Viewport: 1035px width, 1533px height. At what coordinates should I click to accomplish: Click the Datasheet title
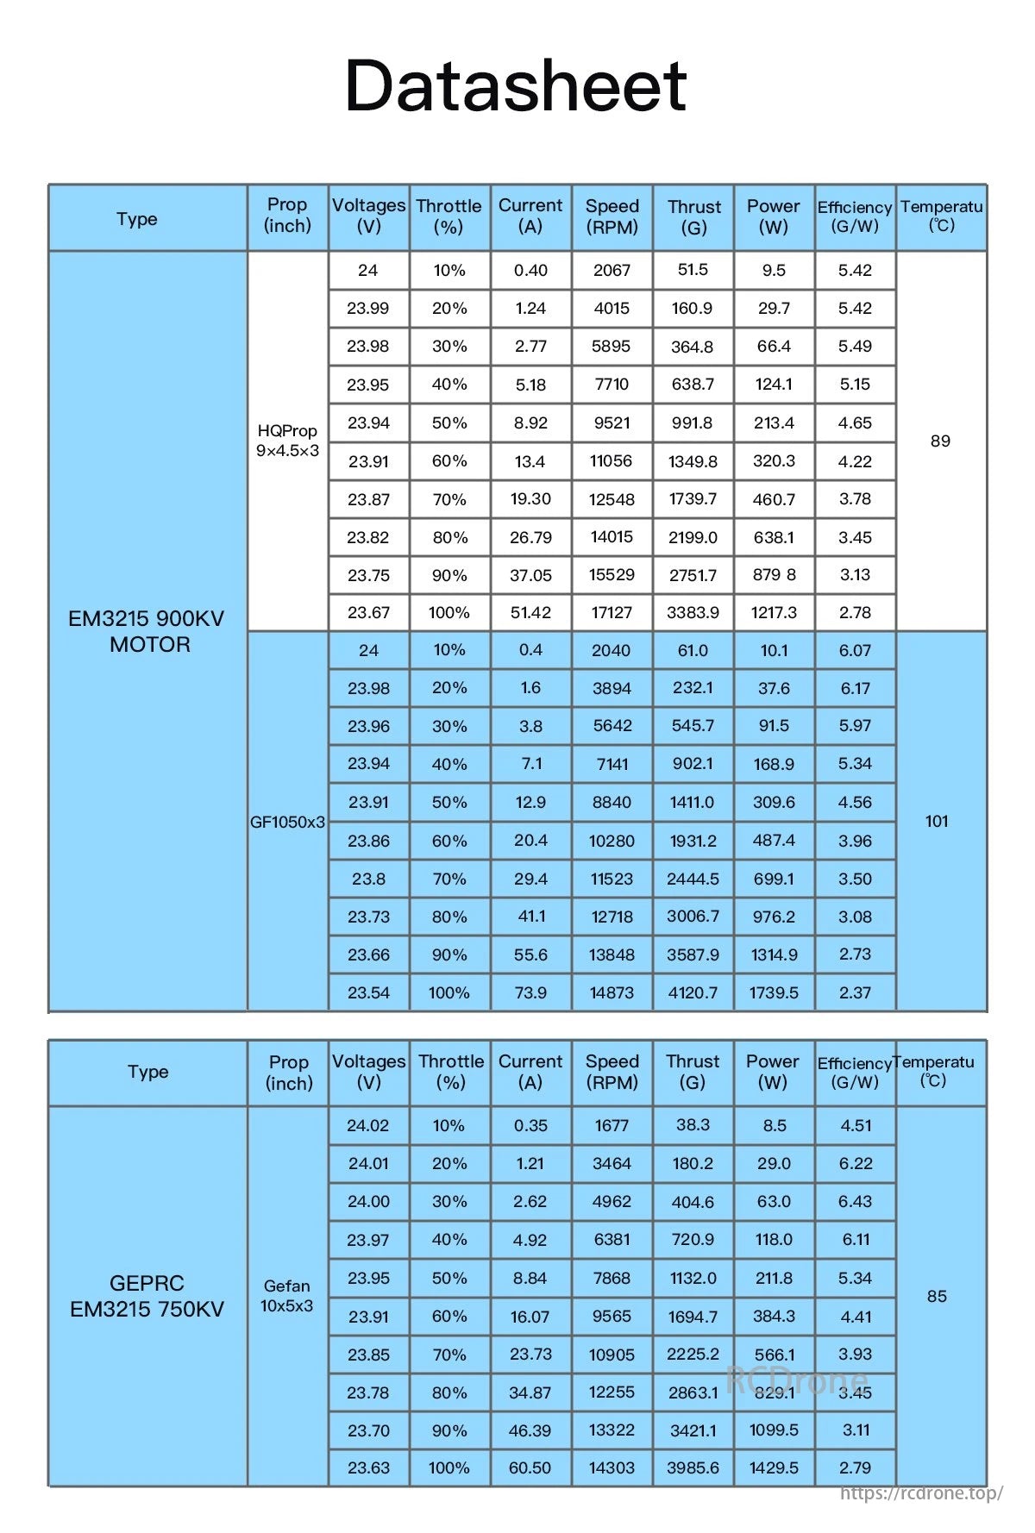click(516, 85)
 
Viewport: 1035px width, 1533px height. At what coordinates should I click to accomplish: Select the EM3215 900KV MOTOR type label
click(146, 631)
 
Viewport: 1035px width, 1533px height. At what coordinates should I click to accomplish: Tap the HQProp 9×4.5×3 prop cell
click(287, 441)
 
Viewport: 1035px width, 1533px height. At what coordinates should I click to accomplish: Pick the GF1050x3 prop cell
click(287, 822)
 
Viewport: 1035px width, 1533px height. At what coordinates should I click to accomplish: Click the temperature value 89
click(940, 441)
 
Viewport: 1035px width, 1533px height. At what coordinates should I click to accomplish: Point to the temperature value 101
click(937, 821)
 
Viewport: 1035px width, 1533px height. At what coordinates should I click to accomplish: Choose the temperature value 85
click(937, 1296)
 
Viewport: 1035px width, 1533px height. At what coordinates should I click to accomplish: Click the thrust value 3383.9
click(693, 612)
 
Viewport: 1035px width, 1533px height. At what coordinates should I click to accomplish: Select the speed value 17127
click(612, 612)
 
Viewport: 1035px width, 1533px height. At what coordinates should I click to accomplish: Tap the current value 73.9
click(530, 992)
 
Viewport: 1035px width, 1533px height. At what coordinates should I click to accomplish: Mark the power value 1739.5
click(774, 992)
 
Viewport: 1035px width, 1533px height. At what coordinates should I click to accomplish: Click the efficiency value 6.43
click(856, 1201)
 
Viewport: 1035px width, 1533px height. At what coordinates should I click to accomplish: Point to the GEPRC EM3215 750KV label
click(147, 1296)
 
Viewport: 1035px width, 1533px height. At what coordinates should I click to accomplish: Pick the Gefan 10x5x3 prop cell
click(287, 1296)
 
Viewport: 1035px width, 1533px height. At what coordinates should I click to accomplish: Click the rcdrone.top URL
click(921, 1492)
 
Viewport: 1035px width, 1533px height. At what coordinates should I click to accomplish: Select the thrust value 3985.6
click(693, 1467)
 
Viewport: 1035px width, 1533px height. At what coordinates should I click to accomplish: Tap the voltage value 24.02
click(368, 1125)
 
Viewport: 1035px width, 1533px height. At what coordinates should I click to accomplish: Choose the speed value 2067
click(612, 270)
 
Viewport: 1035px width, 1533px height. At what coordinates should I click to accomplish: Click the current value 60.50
click(530, 1467)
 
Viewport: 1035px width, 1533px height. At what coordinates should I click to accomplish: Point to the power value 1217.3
click(774, 612)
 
